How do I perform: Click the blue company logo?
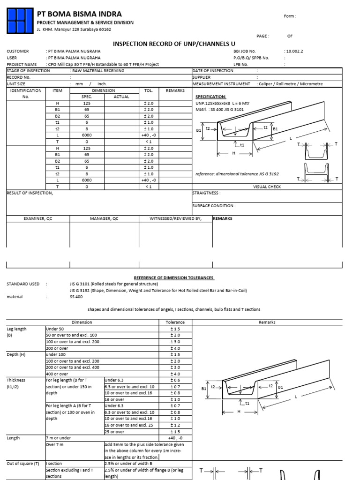(x=19, y=20)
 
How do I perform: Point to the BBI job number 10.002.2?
(x=293, y=51)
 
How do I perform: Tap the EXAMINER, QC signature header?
(x=38, y=218)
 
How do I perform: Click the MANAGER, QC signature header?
(x=104, y=218)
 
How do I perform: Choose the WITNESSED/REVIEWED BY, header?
(x=175, y=218)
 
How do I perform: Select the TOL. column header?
(x=149, y=90)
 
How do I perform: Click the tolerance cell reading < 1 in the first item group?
(x=149, y=141)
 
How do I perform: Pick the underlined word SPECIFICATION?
(x=210, y=97)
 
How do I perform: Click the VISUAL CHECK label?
(x=267, y=186)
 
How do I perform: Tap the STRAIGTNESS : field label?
(x=206, y=193)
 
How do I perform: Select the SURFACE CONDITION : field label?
(x=214, y=206)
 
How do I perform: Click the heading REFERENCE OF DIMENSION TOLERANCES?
(x=174, y=278)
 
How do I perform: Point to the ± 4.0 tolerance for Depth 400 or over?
(x=175, y=374)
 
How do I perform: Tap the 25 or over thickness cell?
(x=115, y=432)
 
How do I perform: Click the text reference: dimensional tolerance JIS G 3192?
(x=237, y=174)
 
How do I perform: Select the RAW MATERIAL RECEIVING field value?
(x=98, y=70)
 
